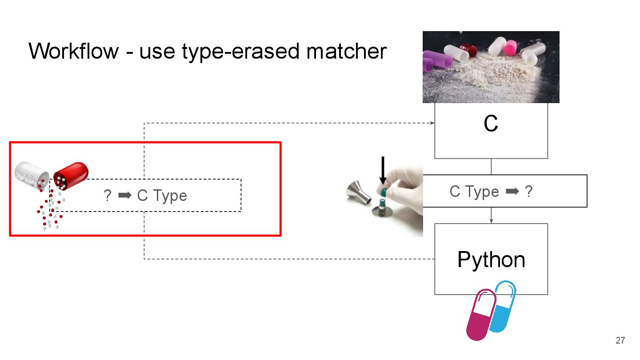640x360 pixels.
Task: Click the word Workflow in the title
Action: [x=74, y=51]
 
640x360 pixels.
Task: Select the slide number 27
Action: [x=620, y=341]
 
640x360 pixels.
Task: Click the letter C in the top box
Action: [x=491, y=124]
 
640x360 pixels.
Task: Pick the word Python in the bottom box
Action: [x=491, y=260]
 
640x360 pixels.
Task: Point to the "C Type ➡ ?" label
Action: [x=491, y=192]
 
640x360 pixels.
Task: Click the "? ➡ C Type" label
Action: [x=145, y=196]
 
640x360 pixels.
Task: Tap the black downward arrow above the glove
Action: [x=383, y=171]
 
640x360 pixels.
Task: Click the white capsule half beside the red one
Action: [x=32, y=176]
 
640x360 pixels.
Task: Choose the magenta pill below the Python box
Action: [x=480, y=316]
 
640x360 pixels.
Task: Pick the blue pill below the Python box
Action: [x=503, y=306]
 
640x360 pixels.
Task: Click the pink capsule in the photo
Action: [x=510, y=47]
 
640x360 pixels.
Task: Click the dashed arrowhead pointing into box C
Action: [x=432, y=123]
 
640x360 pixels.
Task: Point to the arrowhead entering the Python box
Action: [x=491, y=221]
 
